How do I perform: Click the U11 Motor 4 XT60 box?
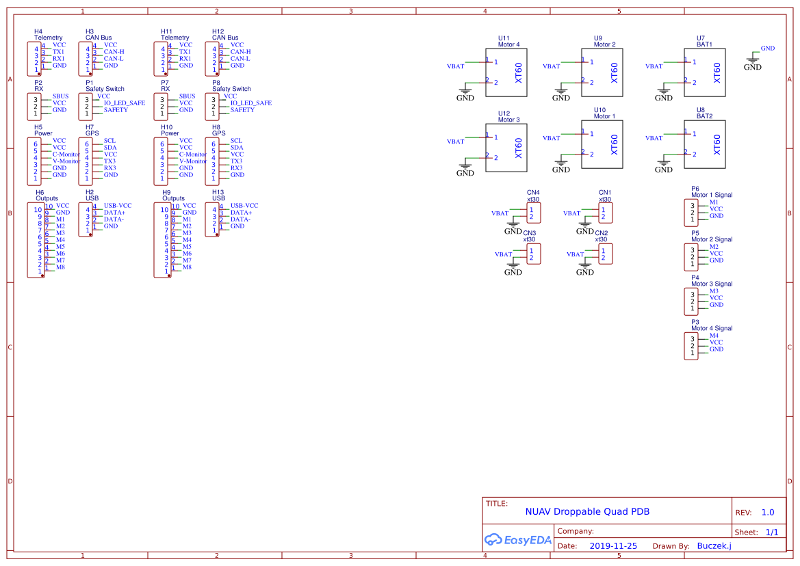506,72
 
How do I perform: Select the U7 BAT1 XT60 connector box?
704,72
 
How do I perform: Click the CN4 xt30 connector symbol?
534,213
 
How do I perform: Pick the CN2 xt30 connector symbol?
606,254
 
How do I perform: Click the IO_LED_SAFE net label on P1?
124,103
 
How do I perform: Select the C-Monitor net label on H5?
66,154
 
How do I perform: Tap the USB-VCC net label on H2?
117,206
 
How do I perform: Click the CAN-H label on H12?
240,52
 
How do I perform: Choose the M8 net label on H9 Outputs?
187,267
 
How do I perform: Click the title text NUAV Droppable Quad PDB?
587,511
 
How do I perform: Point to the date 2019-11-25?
613,546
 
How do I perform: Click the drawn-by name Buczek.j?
714,545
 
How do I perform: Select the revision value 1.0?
767,512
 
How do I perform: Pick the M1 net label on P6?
714,202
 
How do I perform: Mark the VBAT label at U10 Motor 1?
551,138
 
